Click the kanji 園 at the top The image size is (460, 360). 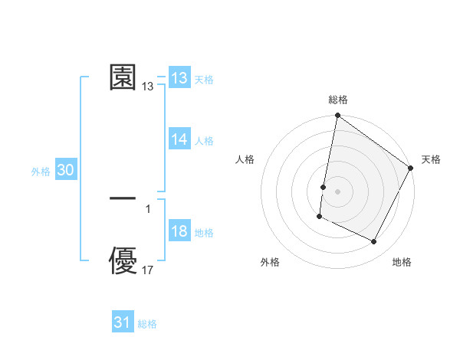click(x=123, y=77)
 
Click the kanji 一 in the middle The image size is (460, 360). click(x=123, y=198)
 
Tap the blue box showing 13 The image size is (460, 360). click(x=179, y=78)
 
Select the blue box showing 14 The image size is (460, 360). click(x=179, y=139)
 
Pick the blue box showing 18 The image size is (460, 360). click(x=179, y=232)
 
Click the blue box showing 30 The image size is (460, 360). click(x=65, y=171)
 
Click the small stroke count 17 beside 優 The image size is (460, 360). click(x=148, y=270)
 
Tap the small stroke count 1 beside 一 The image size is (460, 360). click(x=148, y=208)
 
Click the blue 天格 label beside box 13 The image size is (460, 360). click(x=204, y=80)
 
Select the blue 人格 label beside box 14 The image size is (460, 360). click(x=204, y=141)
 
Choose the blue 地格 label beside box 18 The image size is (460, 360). click(x=204, y=233)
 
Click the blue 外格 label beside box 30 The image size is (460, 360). click(x=41, y=172)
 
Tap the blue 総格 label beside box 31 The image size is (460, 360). click(x=147, y=324)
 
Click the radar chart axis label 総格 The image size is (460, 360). click(x=337, y=100)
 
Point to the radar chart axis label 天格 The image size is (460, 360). click(x=431, y=159)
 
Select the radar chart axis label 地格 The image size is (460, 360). click(x=402, y=262)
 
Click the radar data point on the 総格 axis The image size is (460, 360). click(x=337, y=116)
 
